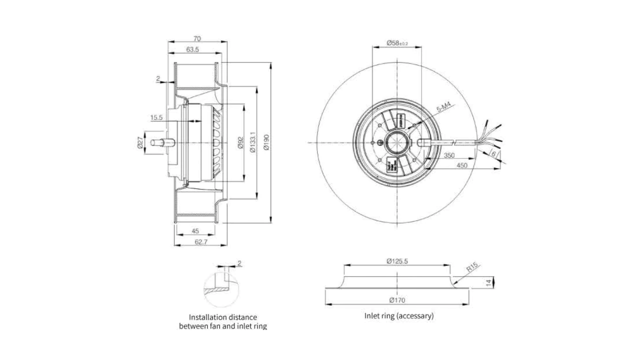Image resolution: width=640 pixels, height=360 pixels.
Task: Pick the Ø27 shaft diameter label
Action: (140, 143)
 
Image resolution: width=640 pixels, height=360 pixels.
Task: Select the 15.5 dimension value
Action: (156, 118)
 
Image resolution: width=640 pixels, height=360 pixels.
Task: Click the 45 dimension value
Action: (195, 231)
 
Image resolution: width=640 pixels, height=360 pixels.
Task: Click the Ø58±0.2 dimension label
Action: (397, 43)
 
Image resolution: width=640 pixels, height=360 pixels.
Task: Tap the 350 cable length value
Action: (449, 155)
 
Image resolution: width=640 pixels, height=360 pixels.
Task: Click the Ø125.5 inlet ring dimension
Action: (397, 261)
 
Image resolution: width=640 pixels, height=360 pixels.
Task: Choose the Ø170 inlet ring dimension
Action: (397, 300)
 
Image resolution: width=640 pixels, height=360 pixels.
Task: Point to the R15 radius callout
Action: (472, 268)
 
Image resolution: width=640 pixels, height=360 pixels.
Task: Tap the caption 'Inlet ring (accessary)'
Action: (399, 316)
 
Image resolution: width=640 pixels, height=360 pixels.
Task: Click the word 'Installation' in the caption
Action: (207, 317)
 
